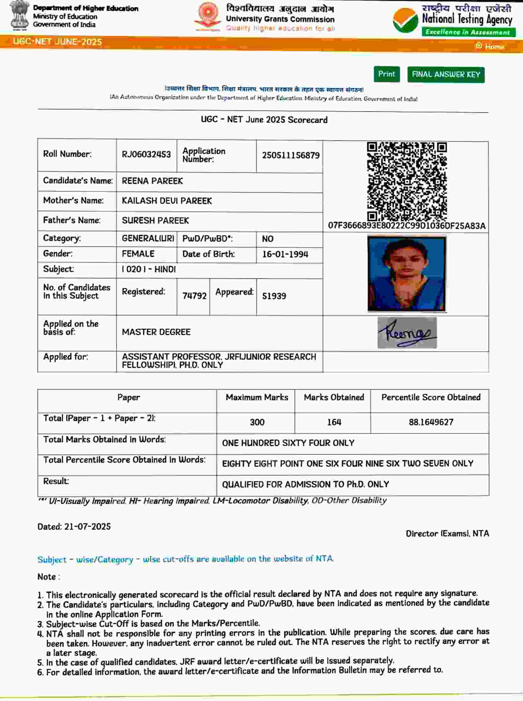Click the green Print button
point(386,74)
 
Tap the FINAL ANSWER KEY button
point(446,75)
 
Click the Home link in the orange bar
point(491,47)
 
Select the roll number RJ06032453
point(146,155)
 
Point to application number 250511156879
point(290,155)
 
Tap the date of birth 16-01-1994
point(285,254)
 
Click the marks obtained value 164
point(334,422)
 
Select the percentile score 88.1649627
point(431,422)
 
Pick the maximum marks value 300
point(257,422)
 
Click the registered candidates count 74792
point(194,296)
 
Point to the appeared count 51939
point(274,296)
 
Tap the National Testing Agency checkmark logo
point(405,20)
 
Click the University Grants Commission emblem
point(207,16)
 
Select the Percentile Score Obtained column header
point(431,397)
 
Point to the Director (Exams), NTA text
point(447,533)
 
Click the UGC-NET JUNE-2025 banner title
point(57,42)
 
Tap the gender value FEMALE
point(138,254)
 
